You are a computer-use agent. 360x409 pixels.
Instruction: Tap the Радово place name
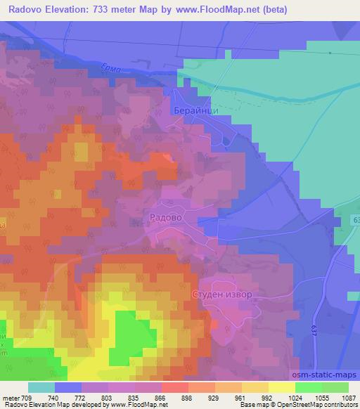[x=166, y=218]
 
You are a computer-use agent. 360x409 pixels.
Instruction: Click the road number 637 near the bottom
[x=312, y=328]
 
